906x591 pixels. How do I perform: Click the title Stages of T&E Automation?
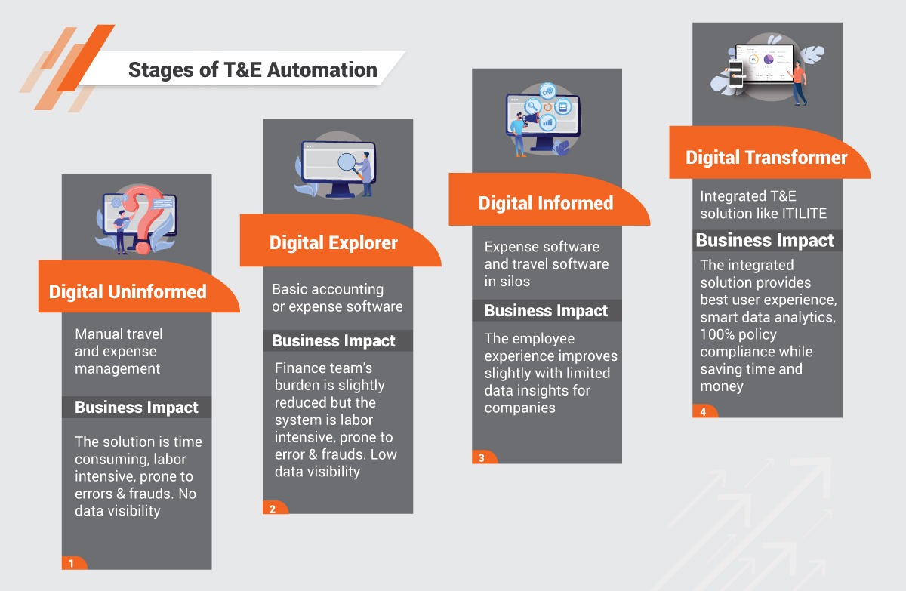point(252,70)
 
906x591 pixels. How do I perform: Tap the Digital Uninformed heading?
point(128,292)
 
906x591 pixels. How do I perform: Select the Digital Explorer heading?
point(333,243)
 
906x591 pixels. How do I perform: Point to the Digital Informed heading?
point(545,203)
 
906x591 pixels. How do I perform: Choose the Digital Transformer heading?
point(766,158)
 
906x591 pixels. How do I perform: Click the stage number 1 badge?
point(72,563)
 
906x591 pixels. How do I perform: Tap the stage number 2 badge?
point(273,508)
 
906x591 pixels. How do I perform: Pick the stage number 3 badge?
point(482,457)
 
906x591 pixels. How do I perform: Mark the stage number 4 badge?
point(702,412)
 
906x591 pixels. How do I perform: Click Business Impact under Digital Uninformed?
point(137,408)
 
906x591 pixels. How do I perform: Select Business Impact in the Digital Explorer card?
point(334,341)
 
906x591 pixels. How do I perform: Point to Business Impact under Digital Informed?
point(546,311)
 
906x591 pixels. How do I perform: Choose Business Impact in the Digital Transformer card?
point(765,241)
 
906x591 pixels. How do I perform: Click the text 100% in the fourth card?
point(718,334)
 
